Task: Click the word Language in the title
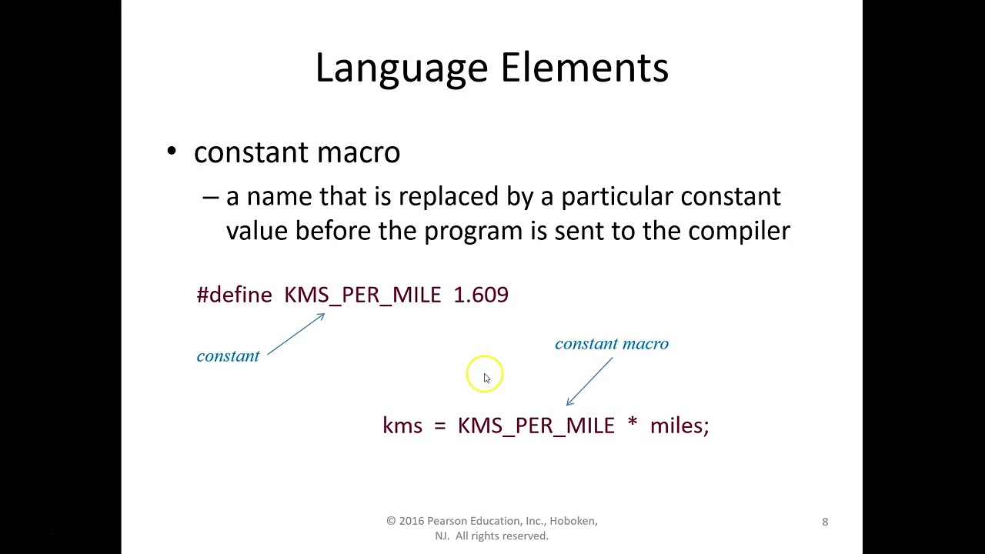click(x=403, y=68)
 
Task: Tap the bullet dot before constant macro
click(x=172, y=152)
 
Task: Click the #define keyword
click(x=235, y=295)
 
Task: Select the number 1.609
click(x=481, y=295)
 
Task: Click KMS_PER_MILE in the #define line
click(x=362, y=295)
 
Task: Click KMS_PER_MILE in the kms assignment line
click(x=536, y=426)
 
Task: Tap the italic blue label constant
click(x=228, y=356)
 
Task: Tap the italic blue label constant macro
click(x=612, y=344)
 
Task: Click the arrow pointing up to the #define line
click(x=296, y=334)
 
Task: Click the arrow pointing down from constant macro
click(x=589, y=382)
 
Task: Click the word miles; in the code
click(x=679, y=426)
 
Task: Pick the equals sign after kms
click(x=440, y=426)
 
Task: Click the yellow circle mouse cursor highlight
click(x=484, y=374)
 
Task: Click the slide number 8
click(x=825, y=522)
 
